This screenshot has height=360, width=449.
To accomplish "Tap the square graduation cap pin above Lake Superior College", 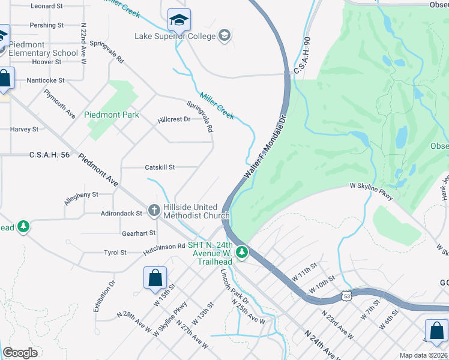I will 179,21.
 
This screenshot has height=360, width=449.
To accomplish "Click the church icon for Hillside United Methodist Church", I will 154,211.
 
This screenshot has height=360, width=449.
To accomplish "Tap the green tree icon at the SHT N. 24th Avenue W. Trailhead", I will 242,253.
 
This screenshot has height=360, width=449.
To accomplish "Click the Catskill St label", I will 160,167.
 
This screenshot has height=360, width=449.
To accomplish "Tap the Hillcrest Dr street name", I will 173,119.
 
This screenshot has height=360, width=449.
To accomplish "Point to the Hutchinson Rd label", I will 164,247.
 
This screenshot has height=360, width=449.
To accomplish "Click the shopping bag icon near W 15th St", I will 155,278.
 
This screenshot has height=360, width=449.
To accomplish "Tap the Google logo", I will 20,353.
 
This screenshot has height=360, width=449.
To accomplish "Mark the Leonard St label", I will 47,6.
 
